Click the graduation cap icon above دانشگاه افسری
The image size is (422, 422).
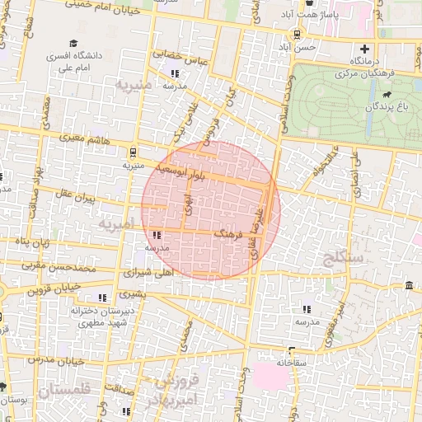(x=74, y=44)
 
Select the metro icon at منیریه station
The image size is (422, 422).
(x=133, y=152)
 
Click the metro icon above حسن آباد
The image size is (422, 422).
(x=296, y=35)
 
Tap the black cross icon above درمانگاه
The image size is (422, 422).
(x=364, y=49)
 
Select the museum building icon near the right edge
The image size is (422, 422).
(x=410, y=285)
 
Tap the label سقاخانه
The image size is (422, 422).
(x=291, y=362)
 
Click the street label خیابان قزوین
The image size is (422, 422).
(x=58, y=288)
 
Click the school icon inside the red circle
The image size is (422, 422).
(x=157, y=235)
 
